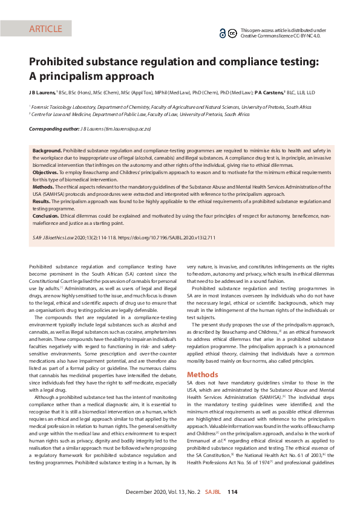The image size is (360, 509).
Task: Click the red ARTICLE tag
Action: [x=45, y=28]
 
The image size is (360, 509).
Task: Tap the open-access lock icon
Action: [x=223, y=32]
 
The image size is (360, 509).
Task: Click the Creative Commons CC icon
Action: [x=232, y=32]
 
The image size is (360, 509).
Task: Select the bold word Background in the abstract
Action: [x=47, y=149]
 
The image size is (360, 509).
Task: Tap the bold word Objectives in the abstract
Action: [x=45, y=172]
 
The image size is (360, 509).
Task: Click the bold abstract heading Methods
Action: [x=44, y=187]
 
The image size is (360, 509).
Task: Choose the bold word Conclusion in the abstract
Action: [x=46, y=215]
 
